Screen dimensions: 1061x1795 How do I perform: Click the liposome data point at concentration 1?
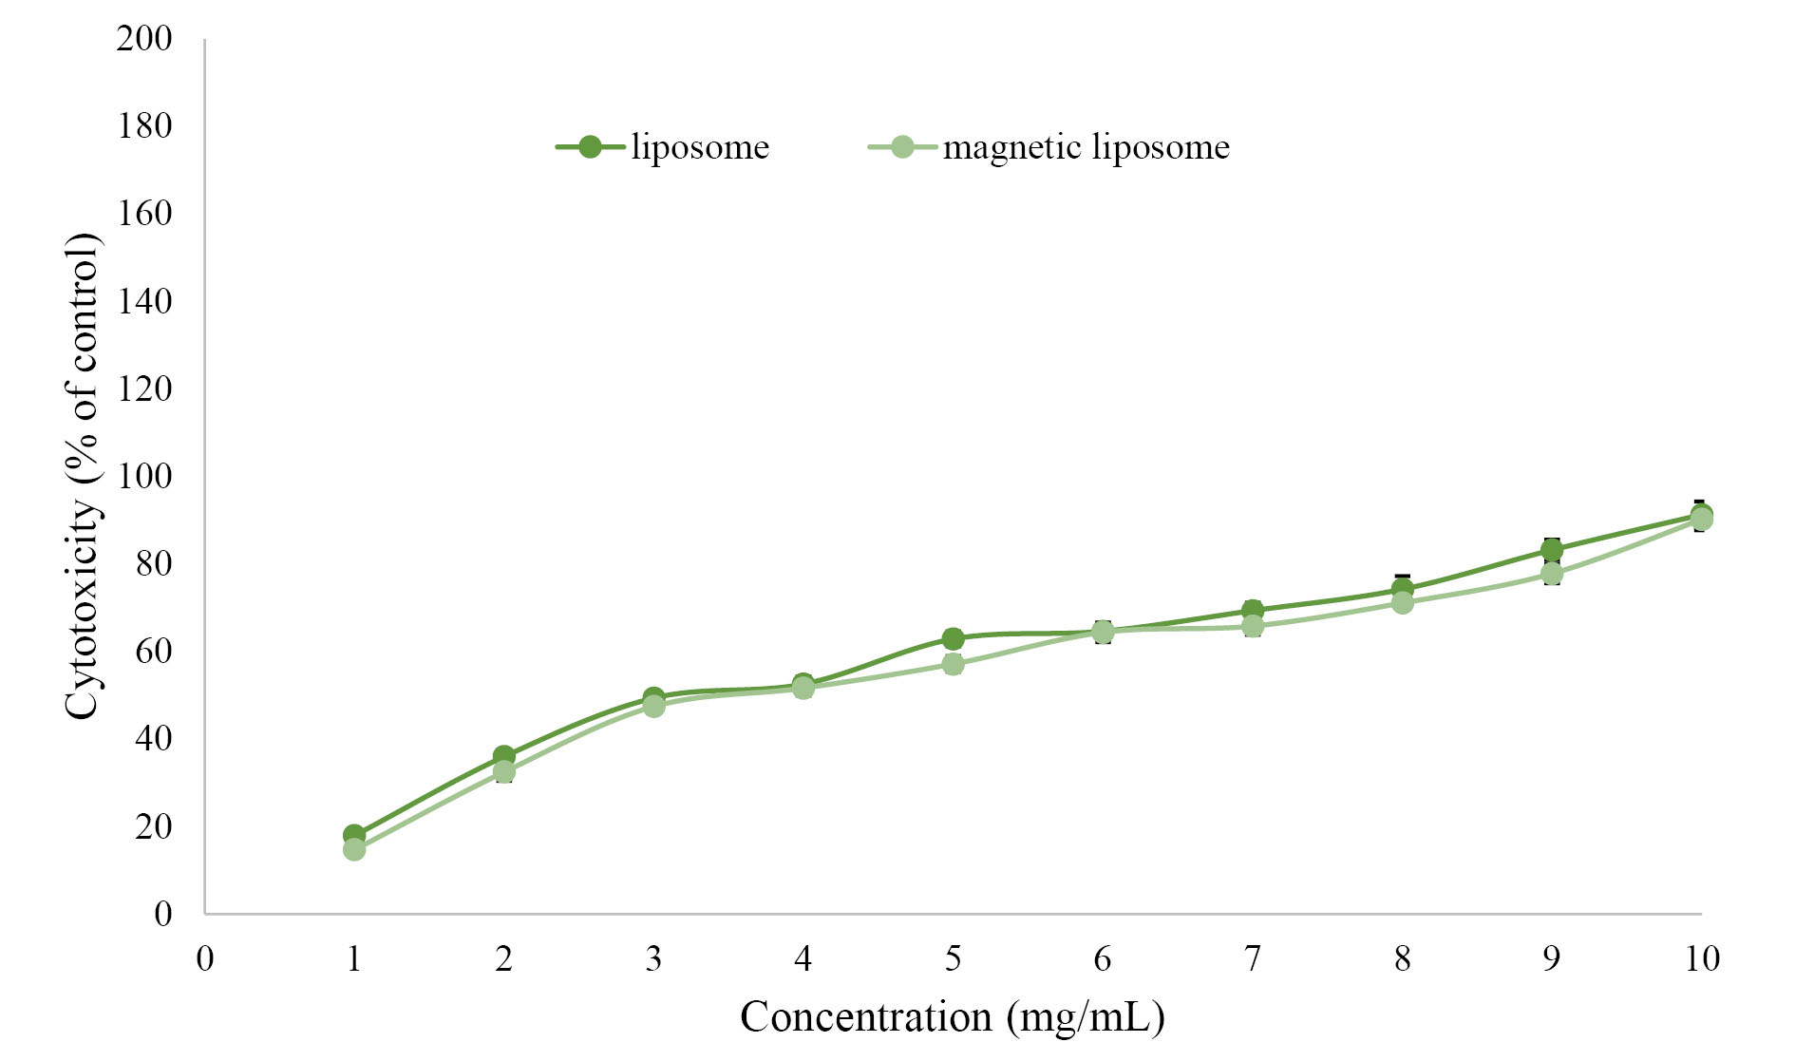(x=354, y=836)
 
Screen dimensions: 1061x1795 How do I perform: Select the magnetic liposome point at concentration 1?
(x=354, y=849)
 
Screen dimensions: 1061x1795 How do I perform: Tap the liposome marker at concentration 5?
(x=953, y=638)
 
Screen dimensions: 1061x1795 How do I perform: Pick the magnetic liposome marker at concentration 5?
(x=953, y=663)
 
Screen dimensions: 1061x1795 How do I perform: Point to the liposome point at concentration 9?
(x=1552, y=549)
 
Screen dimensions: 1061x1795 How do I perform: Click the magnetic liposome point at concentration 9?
(x=1552, y=574)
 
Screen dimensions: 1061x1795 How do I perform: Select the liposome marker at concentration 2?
(x=503, y=756)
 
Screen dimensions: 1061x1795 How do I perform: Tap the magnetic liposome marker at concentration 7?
(x=1253, y=626)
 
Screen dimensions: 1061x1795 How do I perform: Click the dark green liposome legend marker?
(x=590, y=147)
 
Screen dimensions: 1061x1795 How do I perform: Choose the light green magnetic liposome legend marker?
(x=901, y=147)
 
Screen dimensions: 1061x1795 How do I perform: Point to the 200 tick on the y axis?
(x=144, y=39)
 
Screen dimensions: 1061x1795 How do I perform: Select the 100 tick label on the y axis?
(x=144, y=476)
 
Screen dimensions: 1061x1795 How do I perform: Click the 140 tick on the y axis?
(x=144, y=301)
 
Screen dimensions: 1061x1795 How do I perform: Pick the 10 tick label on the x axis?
(x=1702, y=958)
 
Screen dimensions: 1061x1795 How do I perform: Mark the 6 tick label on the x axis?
(x=1103, y=958)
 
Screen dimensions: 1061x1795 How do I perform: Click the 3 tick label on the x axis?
(x=653, y=958)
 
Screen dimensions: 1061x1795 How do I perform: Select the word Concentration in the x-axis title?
(x=866, y=1017)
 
